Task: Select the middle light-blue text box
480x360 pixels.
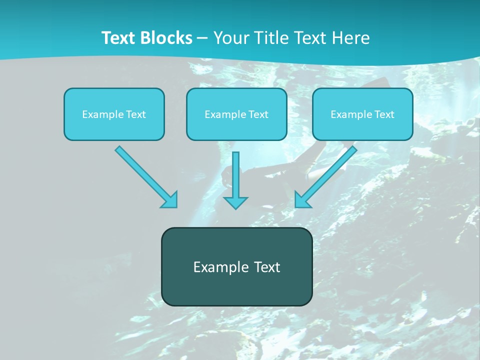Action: point(236,128)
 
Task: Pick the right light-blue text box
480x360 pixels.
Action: point(362,128)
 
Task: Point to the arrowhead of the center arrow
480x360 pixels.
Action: point(235,202)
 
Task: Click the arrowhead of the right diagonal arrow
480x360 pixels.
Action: point(301,200)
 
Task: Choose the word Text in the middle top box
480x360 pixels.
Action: point(258,114)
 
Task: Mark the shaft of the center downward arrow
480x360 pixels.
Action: point(235,172)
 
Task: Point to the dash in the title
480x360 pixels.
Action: point(202,38)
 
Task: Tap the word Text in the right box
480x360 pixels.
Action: point(384,114)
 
